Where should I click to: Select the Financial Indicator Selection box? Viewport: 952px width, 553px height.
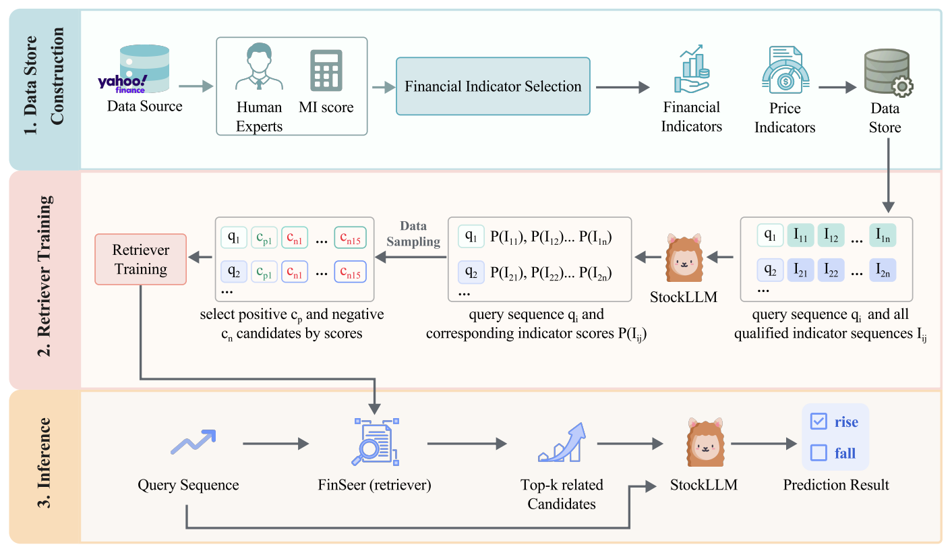pyautogui.click(x=493, y=86)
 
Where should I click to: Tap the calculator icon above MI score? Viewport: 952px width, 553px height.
pyautogui.click(x=326, y=71)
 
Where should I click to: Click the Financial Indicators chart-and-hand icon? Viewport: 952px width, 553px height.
pyautogui.click(x=692, y=68)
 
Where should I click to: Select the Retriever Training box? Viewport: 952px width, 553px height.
pyautogui.click(x=140, y=260)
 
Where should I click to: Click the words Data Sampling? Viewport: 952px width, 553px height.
pyautogui.click(x=414, y=233)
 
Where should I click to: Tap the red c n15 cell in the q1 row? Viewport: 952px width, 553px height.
pyautogui.click(x=350, y=237)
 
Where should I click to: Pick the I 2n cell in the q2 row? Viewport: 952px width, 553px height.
pyautogui.click(x=882, y=271)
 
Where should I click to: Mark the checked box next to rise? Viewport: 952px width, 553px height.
pyautogui.click(x=819, y=422)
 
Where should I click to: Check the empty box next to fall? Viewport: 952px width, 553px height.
pyautogui.click(x=819, y=453)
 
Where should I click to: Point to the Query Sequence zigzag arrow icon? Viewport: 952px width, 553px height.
pyautogui.click(x=192, y=442)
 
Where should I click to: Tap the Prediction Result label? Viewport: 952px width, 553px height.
pyautogui.click(x=836, y=485)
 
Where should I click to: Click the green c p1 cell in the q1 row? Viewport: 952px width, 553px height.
pyautogui.click(x=264, y=237)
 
